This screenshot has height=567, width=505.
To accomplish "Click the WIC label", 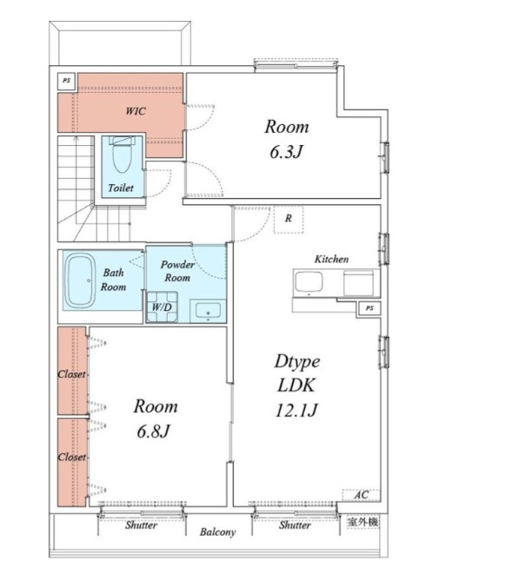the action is [136, 110].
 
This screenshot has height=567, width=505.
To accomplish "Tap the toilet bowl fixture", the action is [122, 155].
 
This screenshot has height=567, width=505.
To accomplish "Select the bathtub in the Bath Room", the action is [80, 280].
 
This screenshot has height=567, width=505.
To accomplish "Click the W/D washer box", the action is [162, 307].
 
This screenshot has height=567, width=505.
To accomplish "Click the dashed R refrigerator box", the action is [289, 219].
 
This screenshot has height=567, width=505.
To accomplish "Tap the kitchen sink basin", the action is [309, 281].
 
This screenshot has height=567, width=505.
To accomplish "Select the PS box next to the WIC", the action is [66, 81].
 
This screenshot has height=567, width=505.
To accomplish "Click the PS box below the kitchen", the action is [369, 308].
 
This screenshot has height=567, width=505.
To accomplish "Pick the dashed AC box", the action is [361, 495].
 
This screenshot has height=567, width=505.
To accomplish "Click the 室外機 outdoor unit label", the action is [362, 522].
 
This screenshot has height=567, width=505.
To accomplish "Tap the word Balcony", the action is [217, 532].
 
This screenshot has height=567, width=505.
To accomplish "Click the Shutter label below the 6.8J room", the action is [141, 525].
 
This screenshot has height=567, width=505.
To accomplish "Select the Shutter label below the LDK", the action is [295, 525].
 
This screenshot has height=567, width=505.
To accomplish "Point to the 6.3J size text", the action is [286, 152].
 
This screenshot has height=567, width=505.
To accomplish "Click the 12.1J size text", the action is [297, 410].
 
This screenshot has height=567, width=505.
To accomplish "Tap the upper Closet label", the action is [72, 374].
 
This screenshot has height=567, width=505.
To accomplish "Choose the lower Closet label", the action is [72, 457].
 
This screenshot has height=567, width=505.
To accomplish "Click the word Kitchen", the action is [332, 259].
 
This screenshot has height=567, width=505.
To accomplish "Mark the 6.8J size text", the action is [154, 431].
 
